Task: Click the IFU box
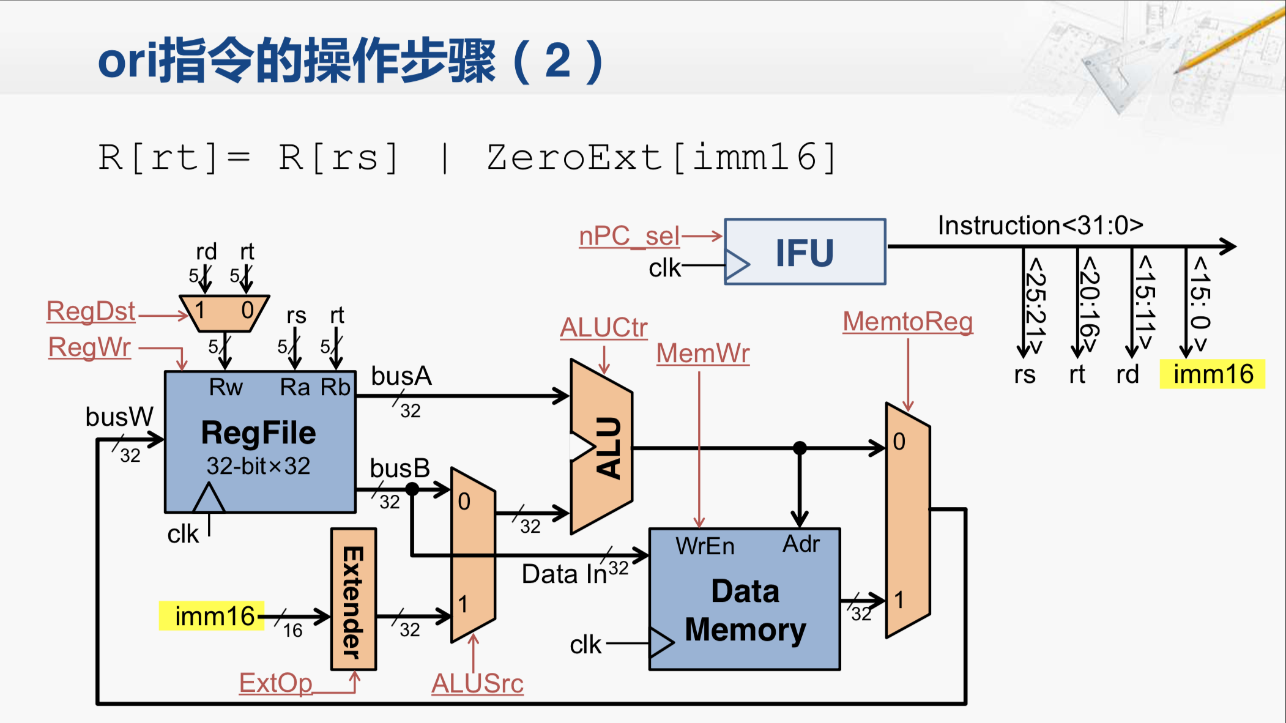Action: click(x=805, y=252)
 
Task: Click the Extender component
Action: click(x=354, y=599)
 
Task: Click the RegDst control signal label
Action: click(x=91, y=311)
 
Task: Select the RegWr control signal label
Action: click(x=89, y=347)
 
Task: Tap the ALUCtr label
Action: click(x=604, y=328)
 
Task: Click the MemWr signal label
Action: click(x=703, y=354)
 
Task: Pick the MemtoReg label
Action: click(x=908, y=322)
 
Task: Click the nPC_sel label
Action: click(x=629, y=236)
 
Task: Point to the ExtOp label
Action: click(x=275, y=683)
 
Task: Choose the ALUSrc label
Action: click(x=477, y=683)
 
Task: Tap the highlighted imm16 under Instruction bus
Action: click(x=1213, y=374)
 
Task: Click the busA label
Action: click(x=401, y=376)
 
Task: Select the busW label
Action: click(x=119, y=417)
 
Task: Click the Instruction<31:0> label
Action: click(x=1040, y=226)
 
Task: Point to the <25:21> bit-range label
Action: click(x=1035, y=304)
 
